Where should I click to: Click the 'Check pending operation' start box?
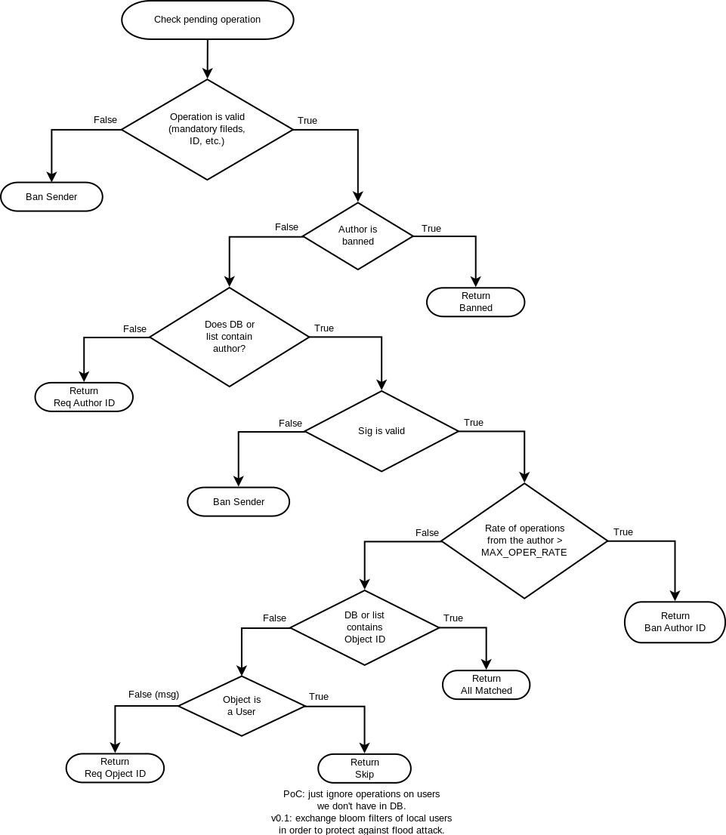[207, 20]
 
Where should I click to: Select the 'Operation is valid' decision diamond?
[207, 129]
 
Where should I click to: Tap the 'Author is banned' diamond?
[357, 236]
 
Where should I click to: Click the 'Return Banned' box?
[475, 302]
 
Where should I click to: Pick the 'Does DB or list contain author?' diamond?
[230, 337]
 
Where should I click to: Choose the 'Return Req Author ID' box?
[84, 397]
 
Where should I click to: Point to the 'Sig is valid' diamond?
[381, 431]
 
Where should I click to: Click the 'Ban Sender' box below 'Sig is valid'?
[238, 502]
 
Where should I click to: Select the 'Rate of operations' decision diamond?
[524, 541]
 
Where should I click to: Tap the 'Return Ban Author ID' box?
[675, 622]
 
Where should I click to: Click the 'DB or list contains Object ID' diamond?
[364, 627]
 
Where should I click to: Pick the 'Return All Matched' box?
[486, 685]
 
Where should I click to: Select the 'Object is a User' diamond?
[242, 706]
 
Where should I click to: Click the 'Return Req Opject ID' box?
[115, 768]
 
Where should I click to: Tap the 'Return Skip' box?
[364, 769]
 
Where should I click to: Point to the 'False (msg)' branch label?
[153, 695]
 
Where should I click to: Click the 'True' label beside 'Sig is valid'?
[474, 423]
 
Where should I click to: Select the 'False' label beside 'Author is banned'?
[286, 227]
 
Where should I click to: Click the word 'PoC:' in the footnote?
[293, 794]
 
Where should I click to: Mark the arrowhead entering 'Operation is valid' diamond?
[207, 73]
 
